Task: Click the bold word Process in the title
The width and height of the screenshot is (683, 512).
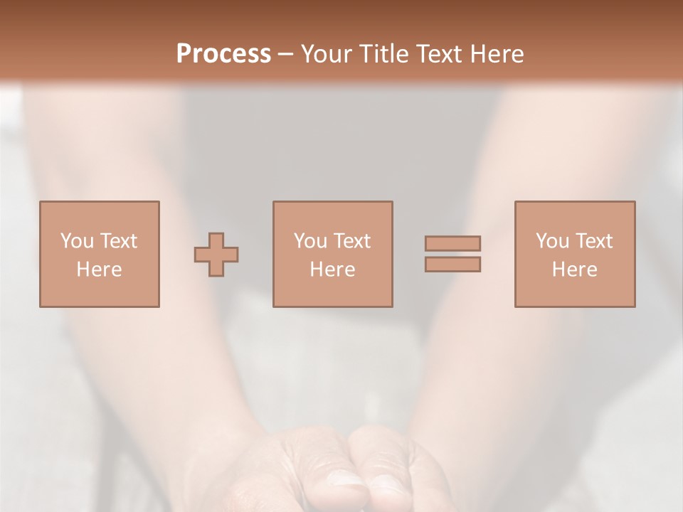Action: click(x=223, y=54)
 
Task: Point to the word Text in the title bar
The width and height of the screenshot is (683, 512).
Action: click(x=444, y=54)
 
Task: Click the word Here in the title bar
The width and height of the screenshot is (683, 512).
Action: click(x=500, y=54)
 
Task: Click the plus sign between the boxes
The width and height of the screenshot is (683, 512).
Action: click(x=216, y=255)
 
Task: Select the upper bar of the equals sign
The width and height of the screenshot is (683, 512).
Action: click(x=452, y=243)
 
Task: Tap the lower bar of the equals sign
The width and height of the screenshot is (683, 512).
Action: click(x=452, y=265)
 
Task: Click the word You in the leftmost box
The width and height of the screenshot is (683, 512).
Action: click(x=76, y=241)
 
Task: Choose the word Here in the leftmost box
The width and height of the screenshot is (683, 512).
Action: click(x=99, y=270)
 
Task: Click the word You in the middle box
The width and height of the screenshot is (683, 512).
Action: click(x=310, y=241)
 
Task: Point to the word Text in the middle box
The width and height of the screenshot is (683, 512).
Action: click(x=351, y=241)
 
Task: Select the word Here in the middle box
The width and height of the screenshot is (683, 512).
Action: click(x=332, y=270)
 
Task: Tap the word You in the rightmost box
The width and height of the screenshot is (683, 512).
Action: click(x=552, y=241)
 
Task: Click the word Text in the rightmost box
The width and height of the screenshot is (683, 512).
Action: click(x=593, y=241)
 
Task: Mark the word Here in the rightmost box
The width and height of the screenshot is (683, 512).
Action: click(x=574, y=270)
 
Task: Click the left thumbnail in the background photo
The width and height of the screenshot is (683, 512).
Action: click(x=346, y=481)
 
